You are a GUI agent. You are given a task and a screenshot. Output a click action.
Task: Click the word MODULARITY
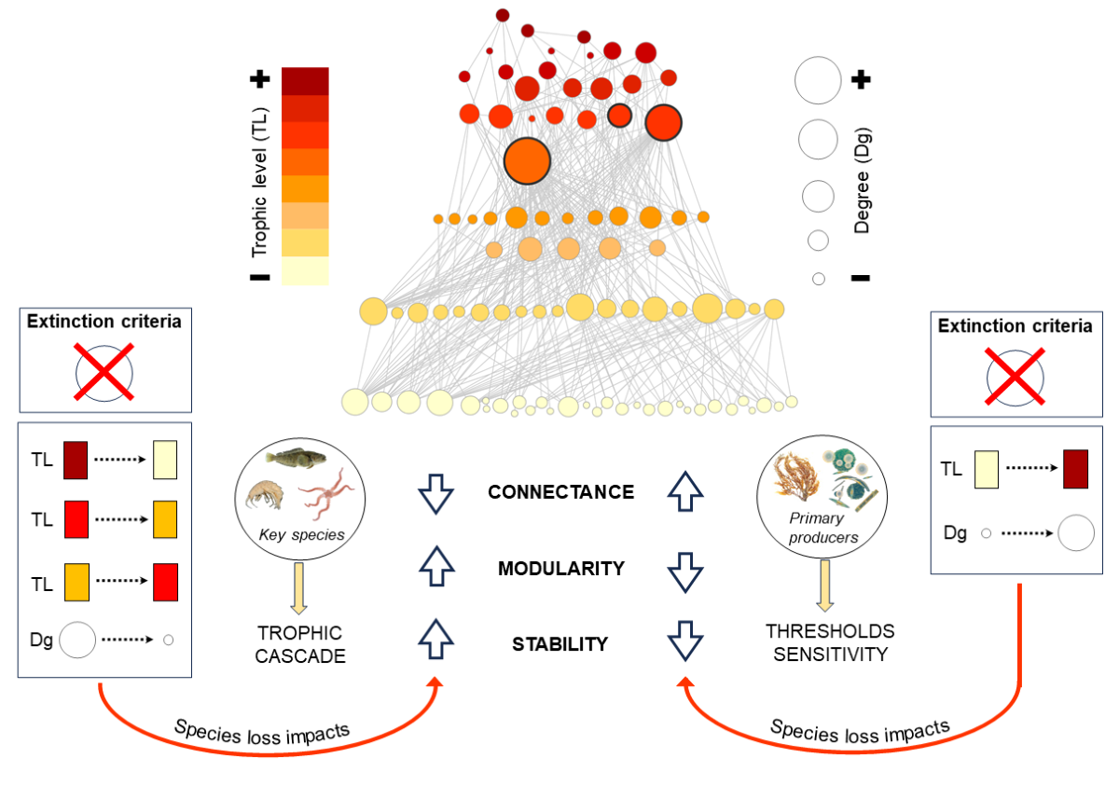pos(560,568)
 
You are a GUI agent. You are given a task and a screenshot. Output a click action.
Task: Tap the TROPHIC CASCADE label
pos(300,643)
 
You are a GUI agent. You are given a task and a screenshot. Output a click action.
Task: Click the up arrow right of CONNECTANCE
pos(685,491)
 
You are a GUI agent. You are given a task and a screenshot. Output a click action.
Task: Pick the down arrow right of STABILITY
pos(685,643)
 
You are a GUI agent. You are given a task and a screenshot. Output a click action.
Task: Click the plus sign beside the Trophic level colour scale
pos(260,80)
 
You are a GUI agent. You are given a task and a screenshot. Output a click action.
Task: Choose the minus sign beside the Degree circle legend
pos(861,278)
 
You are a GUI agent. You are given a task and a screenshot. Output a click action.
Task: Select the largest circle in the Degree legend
pos(818,80)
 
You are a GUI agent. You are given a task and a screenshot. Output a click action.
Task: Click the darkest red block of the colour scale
pos(305,80)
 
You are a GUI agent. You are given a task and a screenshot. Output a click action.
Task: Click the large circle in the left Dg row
pos(77,640)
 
